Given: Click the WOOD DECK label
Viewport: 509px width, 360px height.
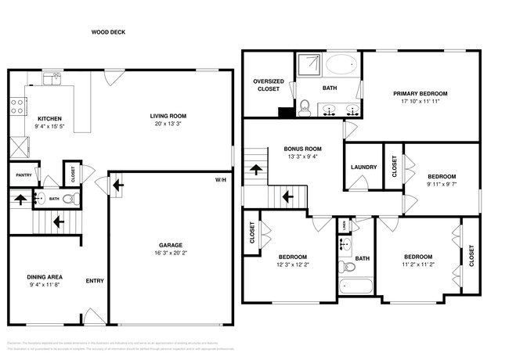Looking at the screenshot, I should [108, 32].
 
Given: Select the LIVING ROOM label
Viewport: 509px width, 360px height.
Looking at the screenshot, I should [168, 116].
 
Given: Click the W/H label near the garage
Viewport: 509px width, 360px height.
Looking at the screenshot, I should [221, 180].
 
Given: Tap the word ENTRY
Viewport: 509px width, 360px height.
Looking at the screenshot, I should [95, 281].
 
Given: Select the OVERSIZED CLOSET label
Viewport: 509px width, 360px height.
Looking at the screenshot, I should [267, 85].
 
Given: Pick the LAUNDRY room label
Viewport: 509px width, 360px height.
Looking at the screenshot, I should [363, 167].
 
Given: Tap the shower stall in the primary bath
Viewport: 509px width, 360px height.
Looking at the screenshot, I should [307, 66].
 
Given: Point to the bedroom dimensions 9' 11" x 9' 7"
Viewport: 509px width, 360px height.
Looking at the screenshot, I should [441, 185].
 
